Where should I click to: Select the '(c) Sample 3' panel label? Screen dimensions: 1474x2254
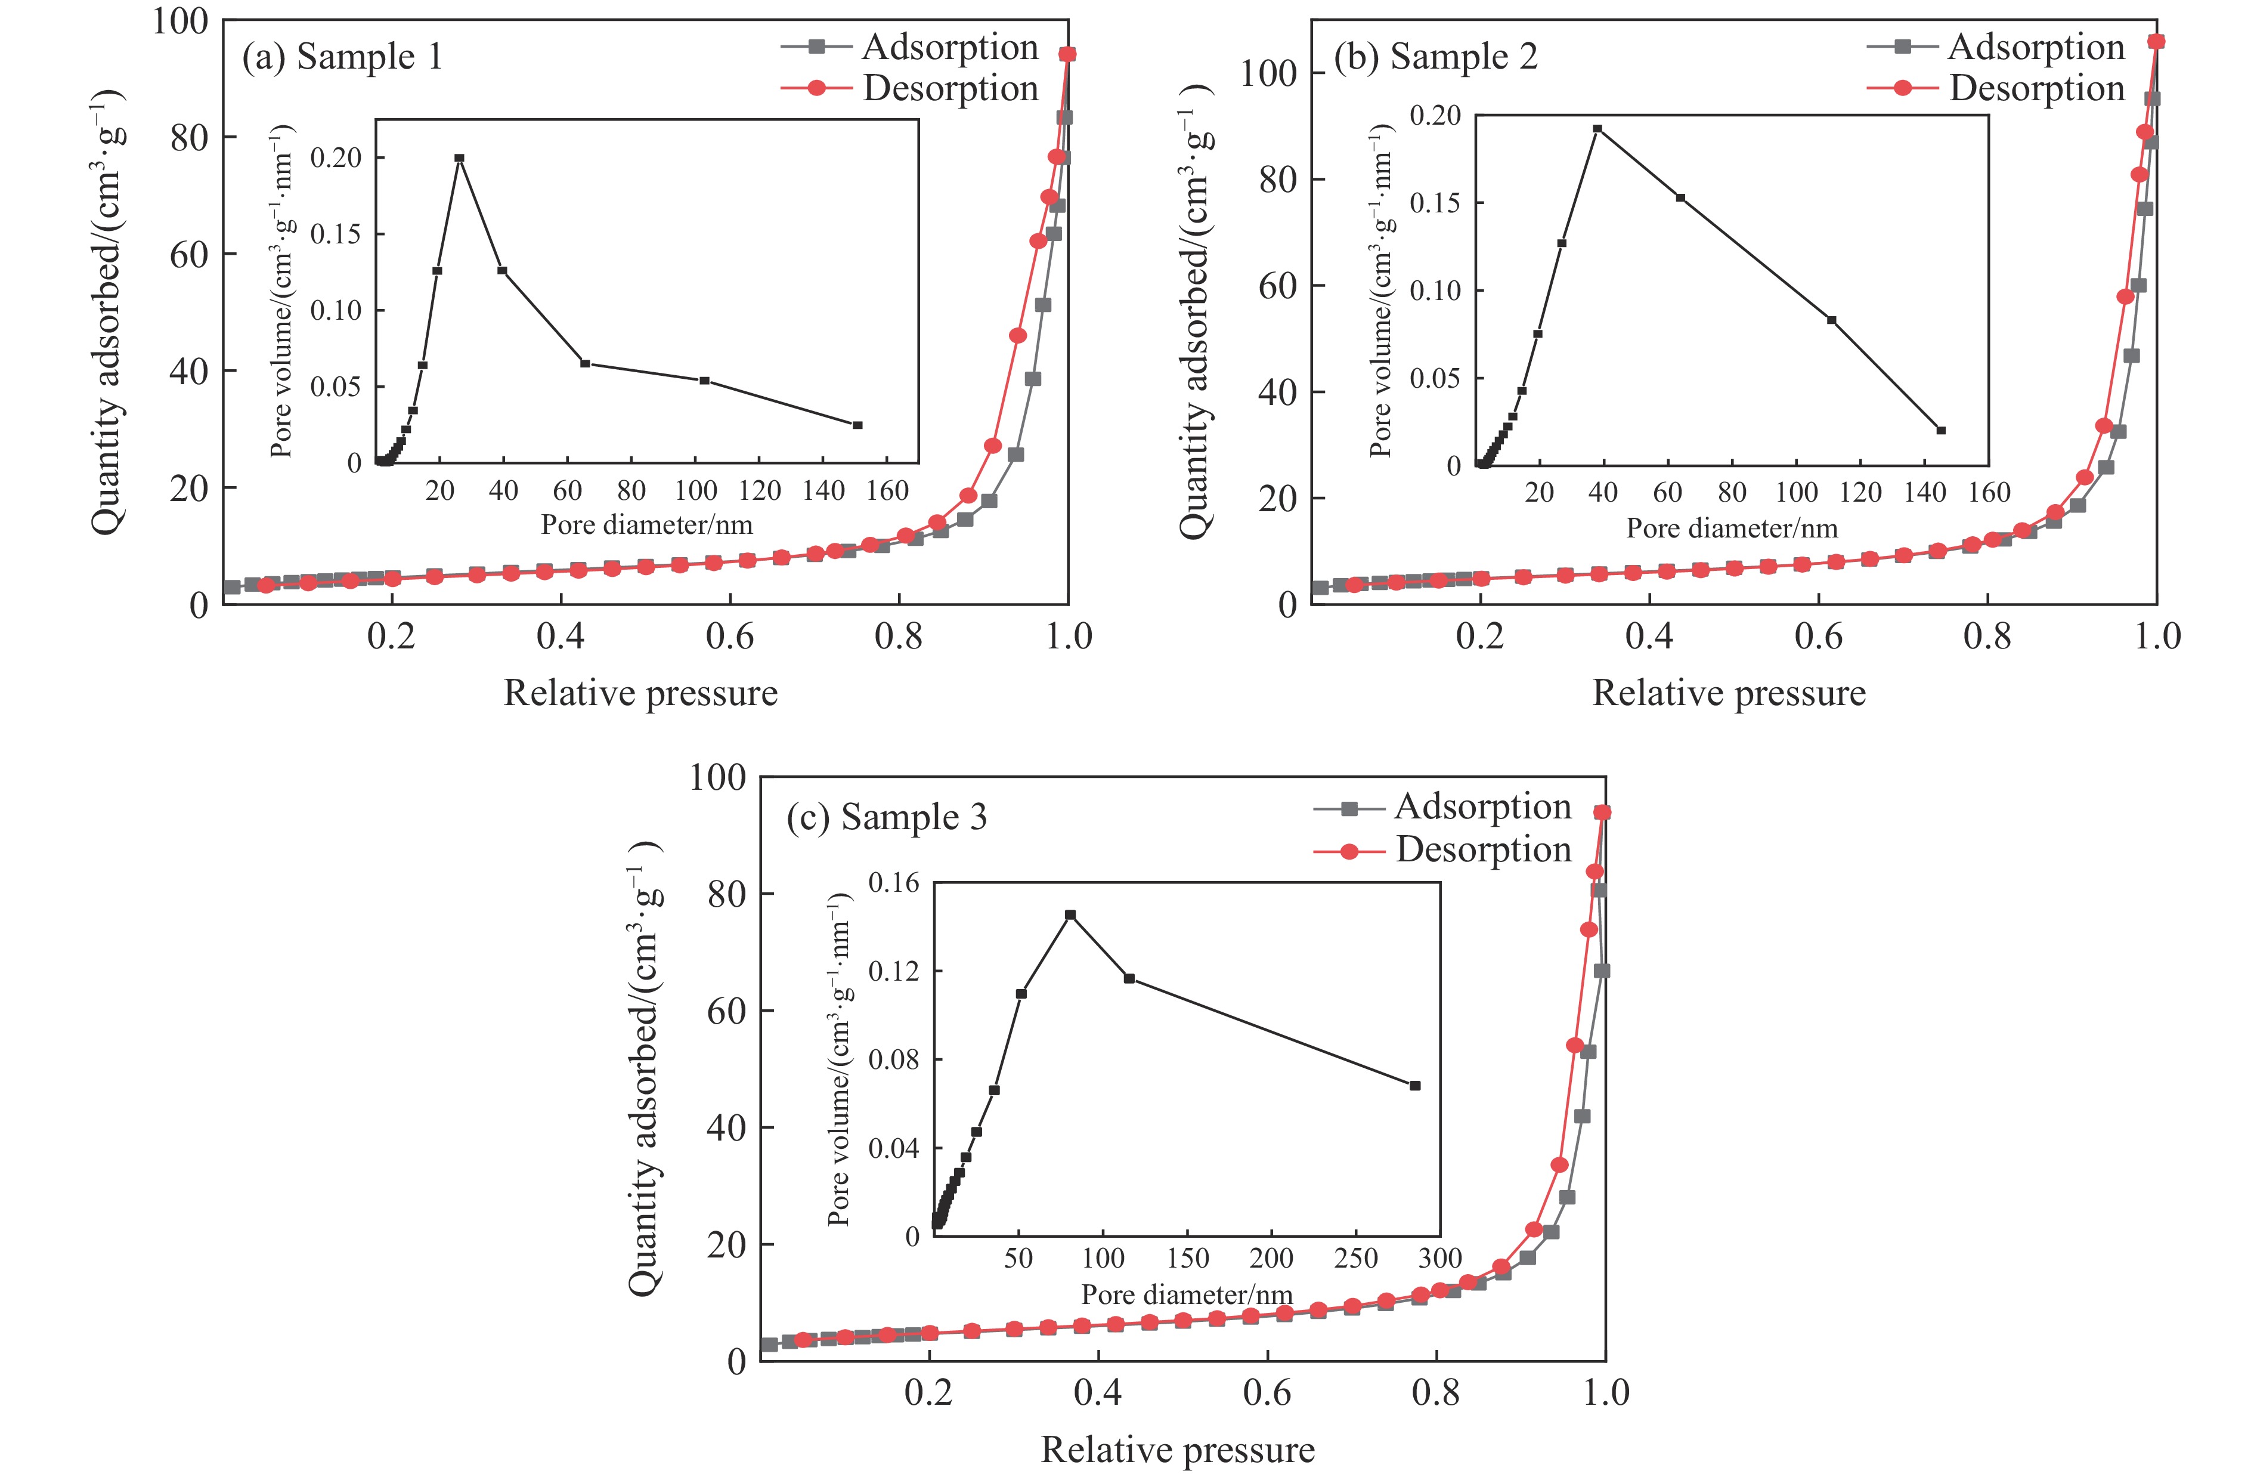pyautogui.click(x=887, y=817)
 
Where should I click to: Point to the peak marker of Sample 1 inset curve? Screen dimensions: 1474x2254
pyautogui.click(x=459, y=158)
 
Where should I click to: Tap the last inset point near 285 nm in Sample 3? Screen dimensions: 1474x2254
pyautogui.click(x=1415, y=1086)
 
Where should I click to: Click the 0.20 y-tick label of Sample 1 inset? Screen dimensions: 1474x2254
pyautogui.click(x=336, y=158)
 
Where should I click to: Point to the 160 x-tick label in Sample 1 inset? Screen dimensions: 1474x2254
pyautogui.click(x=887, y=491)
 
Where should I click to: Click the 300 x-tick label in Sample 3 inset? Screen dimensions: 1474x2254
pyautogui.click(x=1439, y=1258)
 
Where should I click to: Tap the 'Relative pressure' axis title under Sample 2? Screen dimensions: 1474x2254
pyautogui.click(x=1729, y=693)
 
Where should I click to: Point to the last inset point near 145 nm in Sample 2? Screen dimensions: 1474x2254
pyautogui.click(x=1940, y=430)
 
